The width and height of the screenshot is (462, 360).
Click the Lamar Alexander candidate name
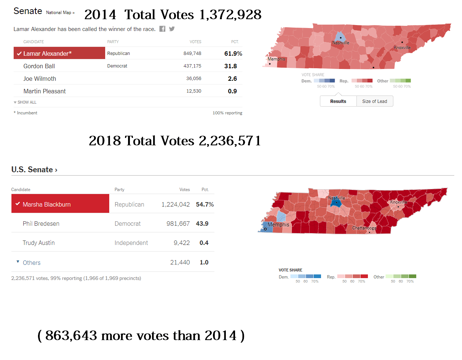pos(47,53)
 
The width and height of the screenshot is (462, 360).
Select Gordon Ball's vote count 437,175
pos(192,66)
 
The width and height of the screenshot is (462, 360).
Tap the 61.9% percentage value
pos(233,53)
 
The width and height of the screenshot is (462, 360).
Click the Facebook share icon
pos(162,29)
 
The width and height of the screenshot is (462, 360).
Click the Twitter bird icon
pos(172,29)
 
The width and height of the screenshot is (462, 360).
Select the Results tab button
pos(338,101)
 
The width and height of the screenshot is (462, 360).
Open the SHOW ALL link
pos(27,102)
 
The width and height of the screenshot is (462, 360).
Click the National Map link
pos(60,13)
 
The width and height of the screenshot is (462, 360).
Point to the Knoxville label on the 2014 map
pos(402,48)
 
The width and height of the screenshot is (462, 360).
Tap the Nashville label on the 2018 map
pos(337,198)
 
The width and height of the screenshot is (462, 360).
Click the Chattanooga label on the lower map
pos(364,228)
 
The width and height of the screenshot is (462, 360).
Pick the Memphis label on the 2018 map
pos(278,225)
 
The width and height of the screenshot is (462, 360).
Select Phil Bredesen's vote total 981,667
pos(178,224)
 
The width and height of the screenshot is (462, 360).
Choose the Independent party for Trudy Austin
pos(131,243)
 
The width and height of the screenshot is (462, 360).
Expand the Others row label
pos(31,263)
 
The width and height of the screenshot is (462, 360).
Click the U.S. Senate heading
pos(34,170)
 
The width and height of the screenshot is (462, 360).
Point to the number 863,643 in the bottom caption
pos(71,336)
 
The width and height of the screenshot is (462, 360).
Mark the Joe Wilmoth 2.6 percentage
pos(232,79)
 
